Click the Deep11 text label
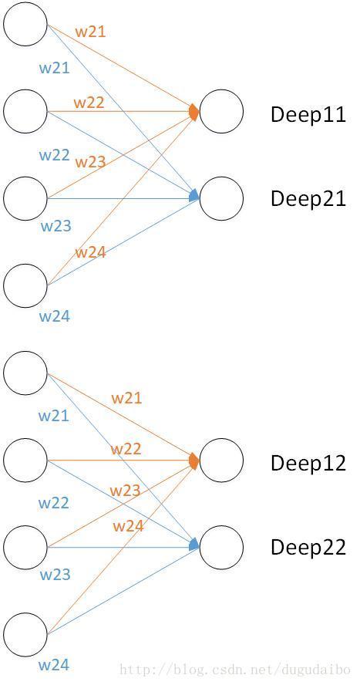point(308,114)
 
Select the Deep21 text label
point(308,198)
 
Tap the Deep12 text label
point(308,463)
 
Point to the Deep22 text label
point(308,547)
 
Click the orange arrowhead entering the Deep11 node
point(194,112)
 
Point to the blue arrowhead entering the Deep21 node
point(194,197)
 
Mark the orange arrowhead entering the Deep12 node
point(194,461)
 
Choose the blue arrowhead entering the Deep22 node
point(194,545)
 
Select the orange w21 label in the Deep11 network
point(90,32)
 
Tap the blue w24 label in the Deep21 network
point(55,316)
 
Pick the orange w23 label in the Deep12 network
point(125,490)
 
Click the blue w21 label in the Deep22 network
point(54,415)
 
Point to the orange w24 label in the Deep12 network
point(128,525)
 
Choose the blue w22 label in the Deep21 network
point(55,155)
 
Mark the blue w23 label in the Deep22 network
point(55,575)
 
